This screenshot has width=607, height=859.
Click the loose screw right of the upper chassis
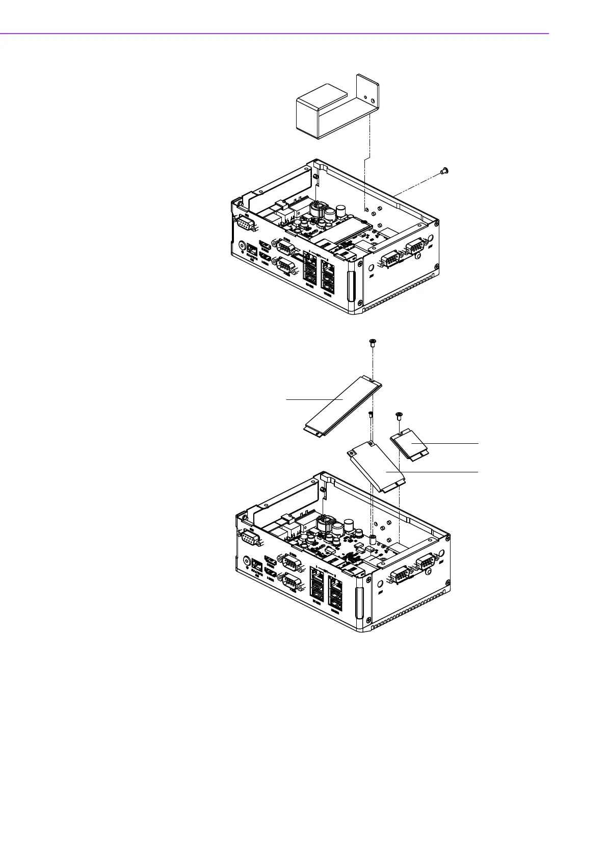(x=443, y=171)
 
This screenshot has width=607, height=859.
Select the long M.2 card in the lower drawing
(x=343, y=405)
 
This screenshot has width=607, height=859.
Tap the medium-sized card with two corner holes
(x=376, y=467)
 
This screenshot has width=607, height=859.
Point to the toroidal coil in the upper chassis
(x=318, y=210)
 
